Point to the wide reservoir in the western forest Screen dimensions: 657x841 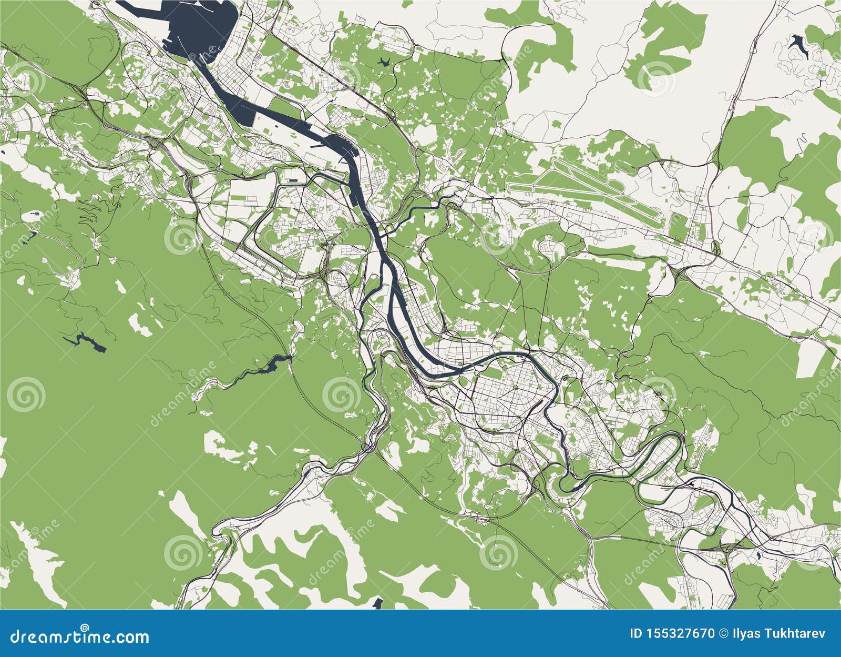pyautogui.click(x=84, y=341)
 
